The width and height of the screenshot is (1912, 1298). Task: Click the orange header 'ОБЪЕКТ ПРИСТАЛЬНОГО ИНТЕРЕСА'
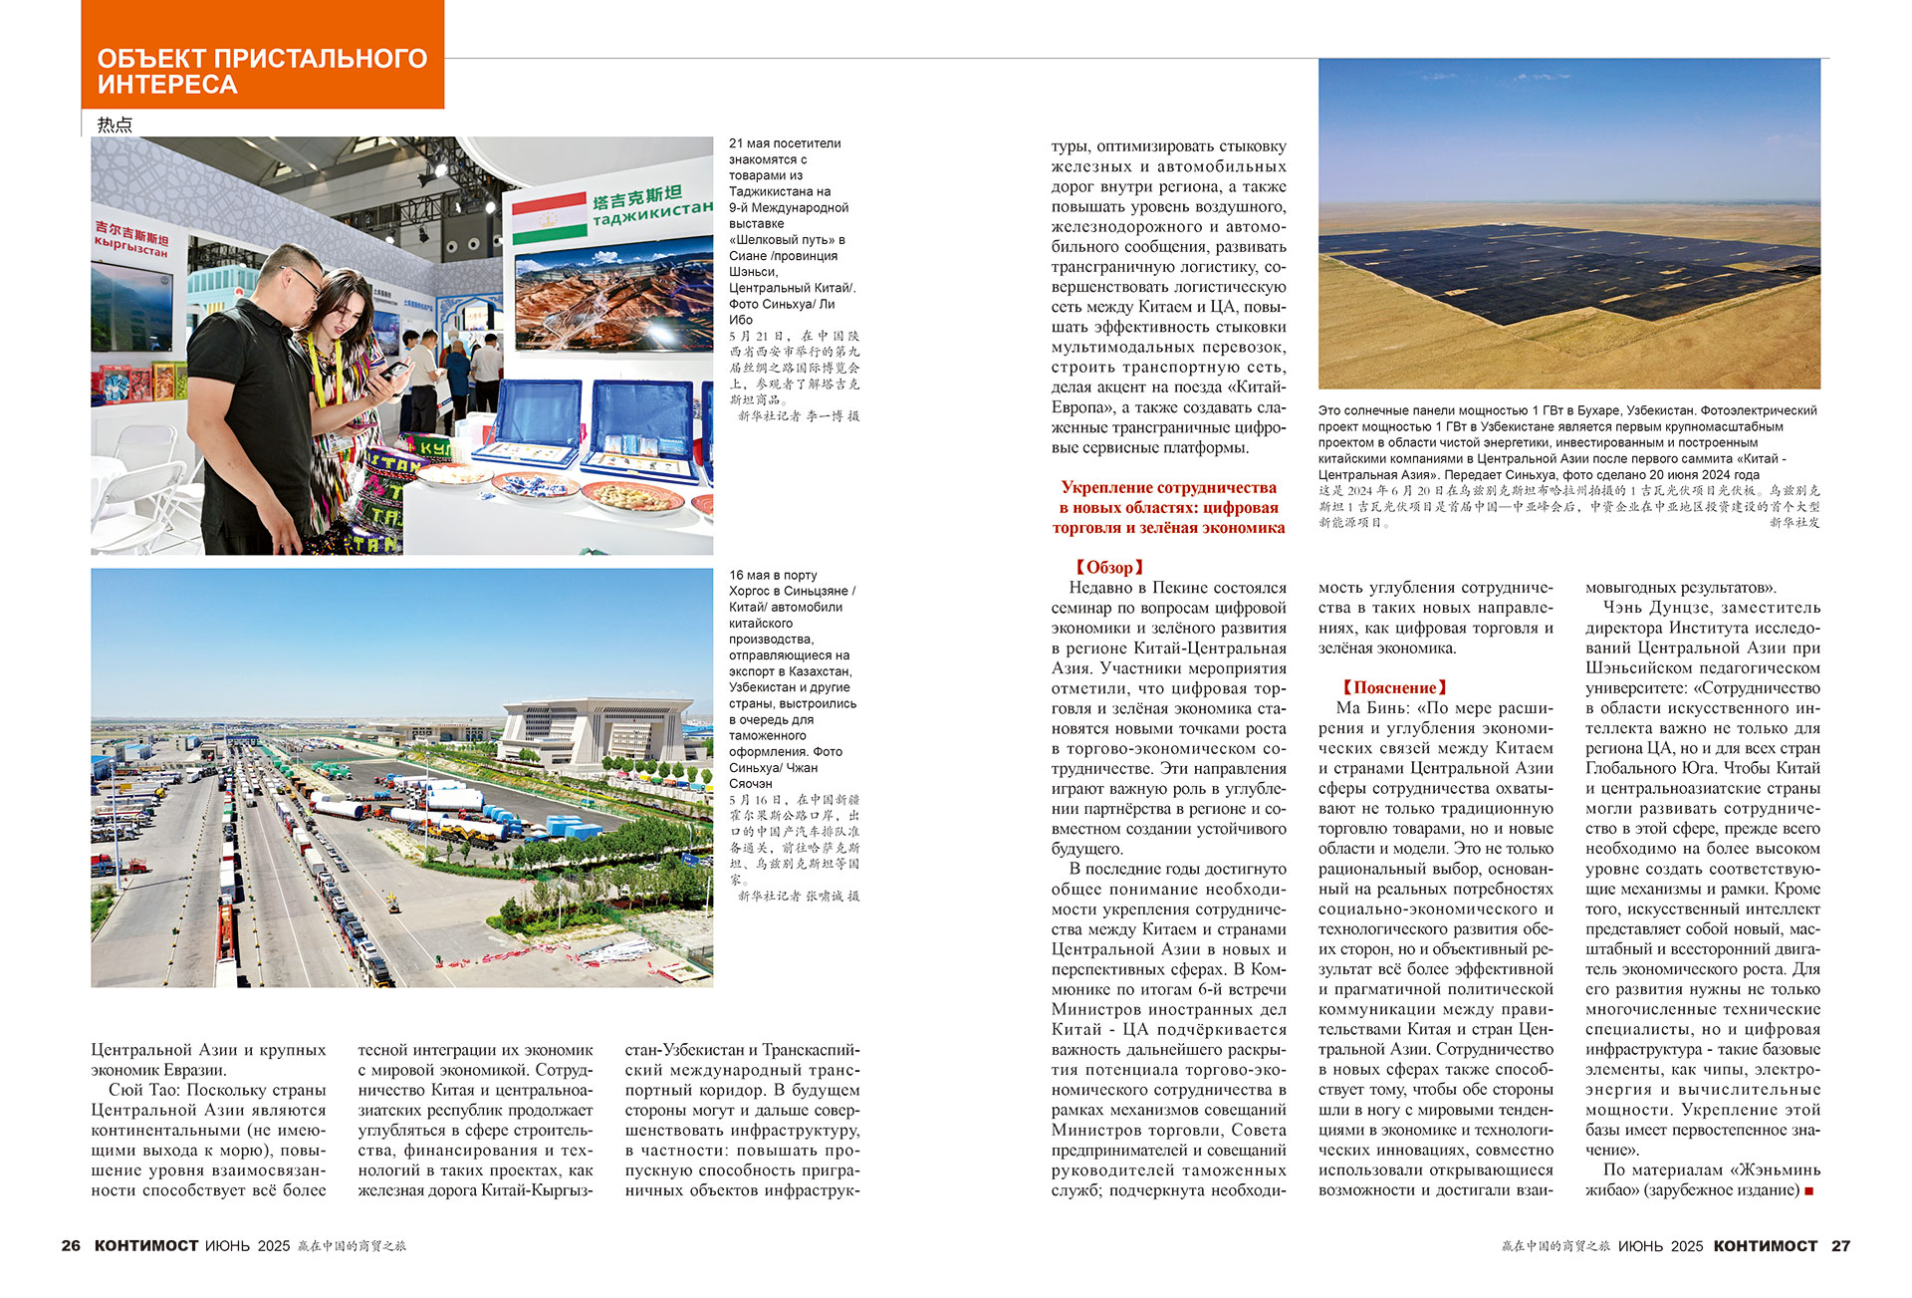coord(262,71)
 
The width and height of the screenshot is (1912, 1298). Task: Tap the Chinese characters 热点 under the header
coord(115,125)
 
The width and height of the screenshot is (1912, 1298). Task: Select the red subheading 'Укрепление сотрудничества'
coord(1168,487)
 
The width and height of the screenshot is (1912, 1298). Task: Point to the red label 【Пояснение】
coord(1393,687)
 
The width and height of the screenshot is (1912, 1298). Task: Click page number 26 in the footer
coord(71,1245)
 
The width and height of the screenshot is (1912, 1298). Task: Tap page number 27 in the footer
coord(1840,1245)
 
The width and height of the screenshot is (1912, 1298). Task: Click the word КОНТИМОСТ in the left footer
coord(146,1245)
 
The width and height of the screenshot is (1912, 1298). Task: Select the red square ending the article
coord(1809,1190)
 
